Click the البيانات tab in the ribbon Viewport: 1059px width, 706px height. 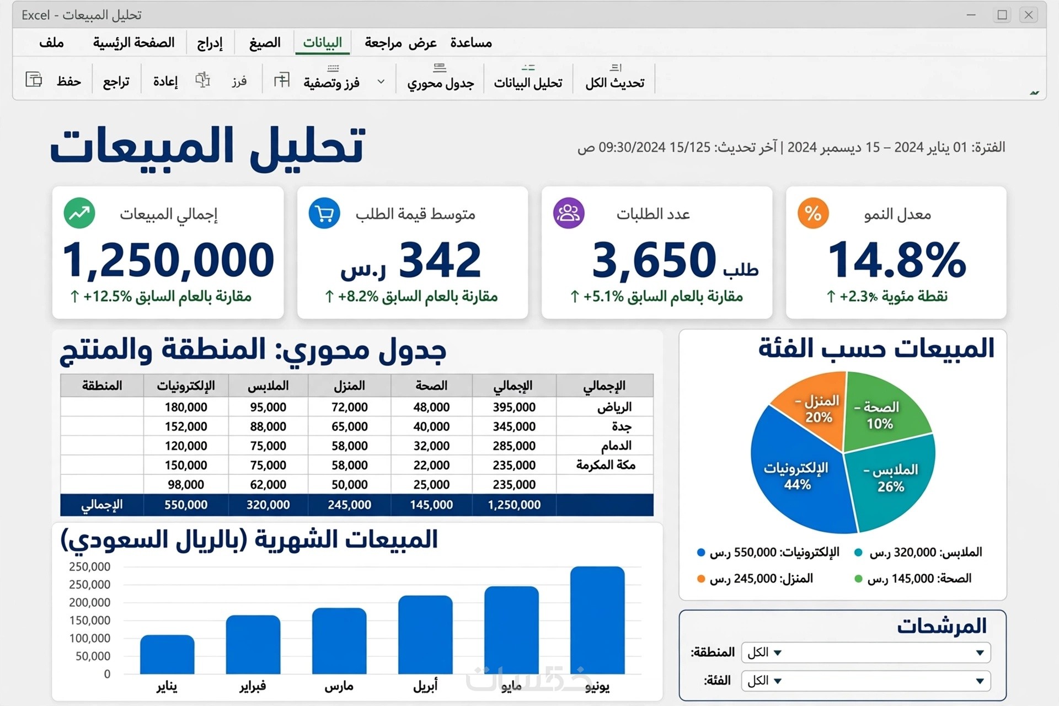pos(323,42)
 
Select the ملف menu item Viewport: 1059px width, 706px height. pos(51,42)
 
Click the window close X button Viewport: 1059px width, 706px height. pos(1029,15)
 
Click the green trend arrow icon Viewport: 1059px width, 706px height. pos(79,213)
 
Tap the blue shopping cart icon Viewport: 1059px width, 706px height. pos(324,213)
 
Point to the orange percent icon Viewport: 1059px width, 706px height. pos(813,213)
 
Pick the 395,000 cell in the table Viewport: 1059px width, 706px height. pos(514,407)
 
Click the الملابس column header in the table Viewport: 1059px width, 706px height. pos(268,386)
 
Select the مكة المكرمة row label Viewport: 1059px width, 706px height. pos(606,465)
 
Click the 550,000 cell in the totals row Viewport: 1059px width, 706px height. pos(186,505)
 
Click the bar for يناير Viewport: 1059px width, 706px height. pos(167,655)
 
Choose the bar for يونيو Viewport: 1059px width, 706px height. pos(597,620)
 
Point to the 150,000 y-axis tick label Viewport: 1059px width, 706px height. pos(89,620)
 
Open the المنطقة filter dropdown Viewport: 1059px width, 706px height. pos(866,652)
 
